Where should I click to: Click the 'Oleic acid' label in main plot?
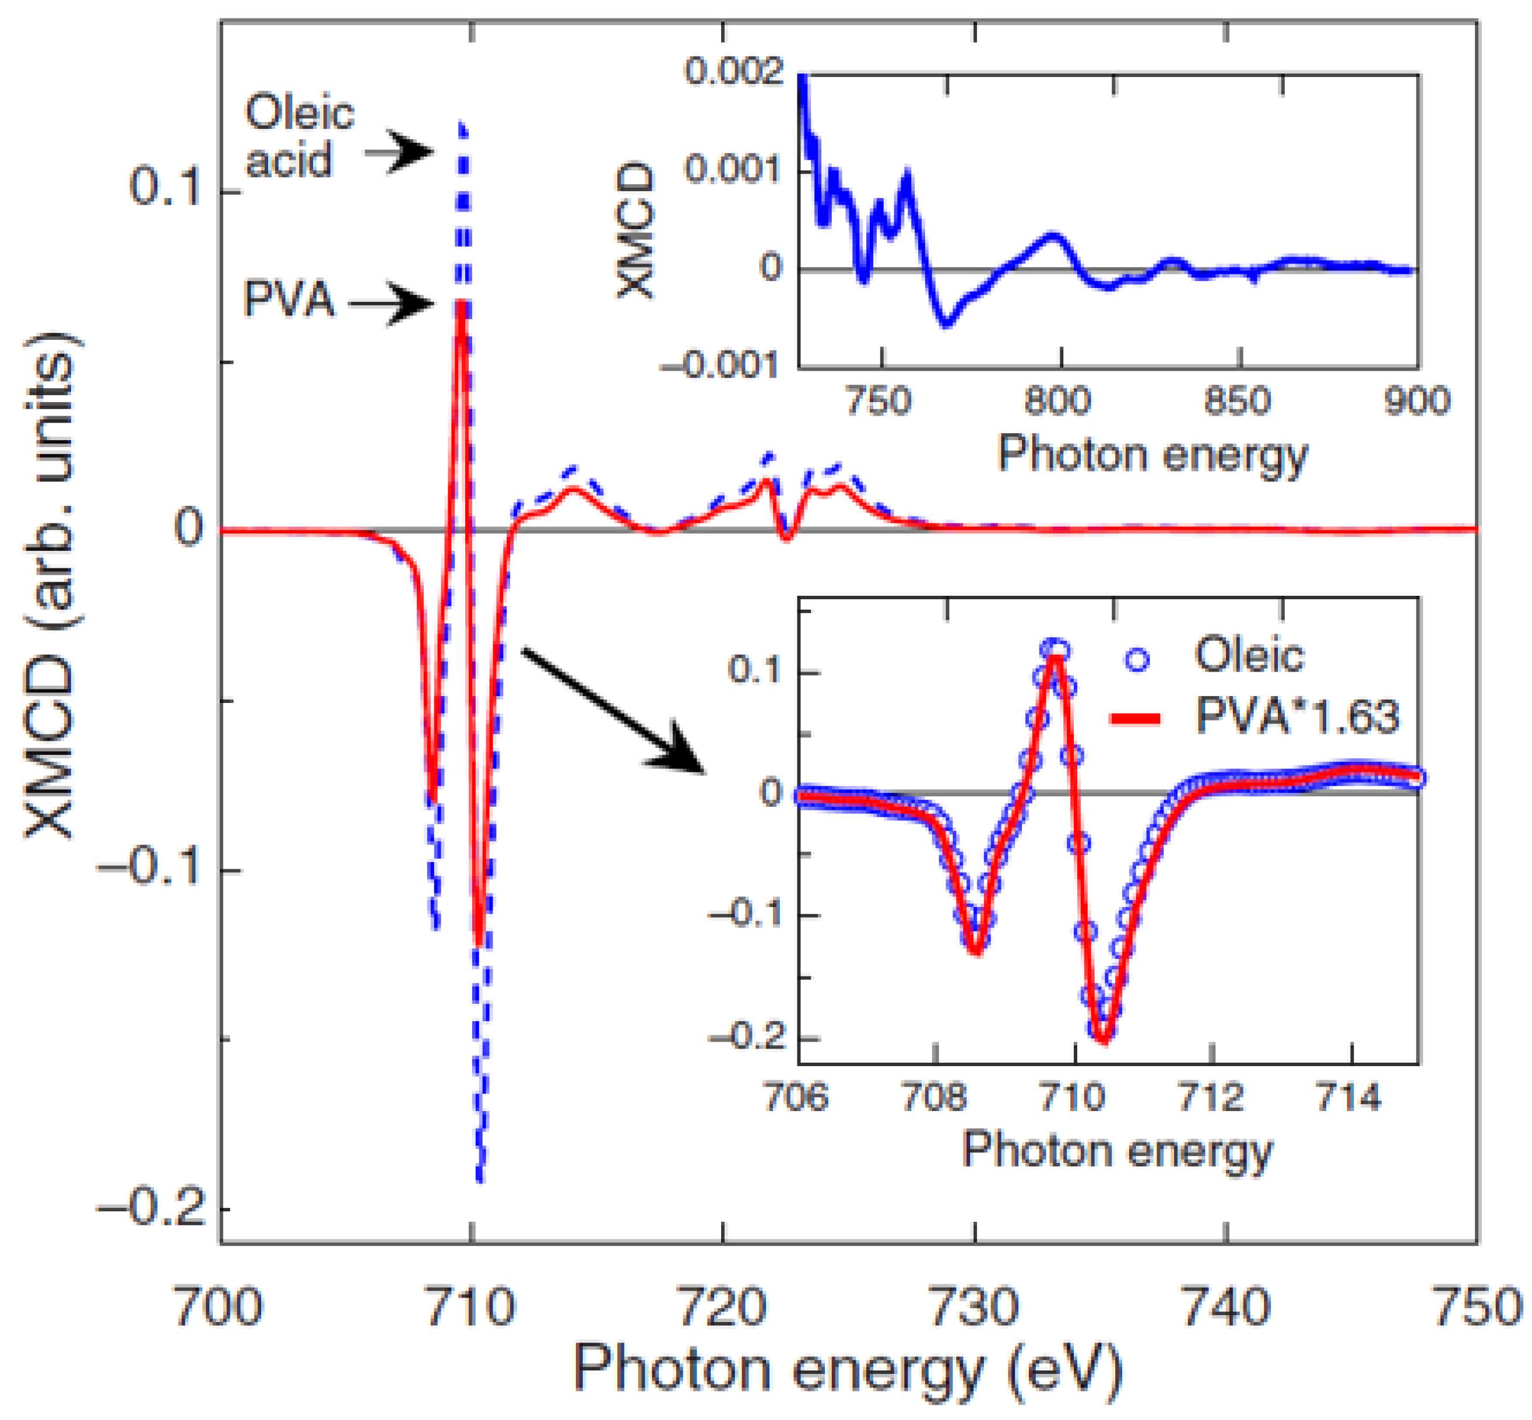tap(300, 137)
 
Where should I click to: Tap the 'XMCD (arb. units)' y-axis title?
tap(50, 584)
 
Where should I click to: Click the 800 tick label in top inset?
tap(1058, 400)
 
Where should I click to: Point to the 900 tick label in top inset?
tap(1416, 400)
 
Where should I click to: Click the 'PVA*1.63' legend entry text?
tap(1297, 718)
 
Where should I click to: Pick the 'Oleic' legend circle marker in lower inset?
tap(1137, 659)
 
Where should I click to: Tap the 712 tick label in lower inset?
tap(1211, 1097)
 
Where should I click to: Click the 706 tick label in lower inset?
tap(796, 1097)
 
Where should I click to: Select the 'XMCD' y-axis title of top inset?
tap(636, 230)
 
